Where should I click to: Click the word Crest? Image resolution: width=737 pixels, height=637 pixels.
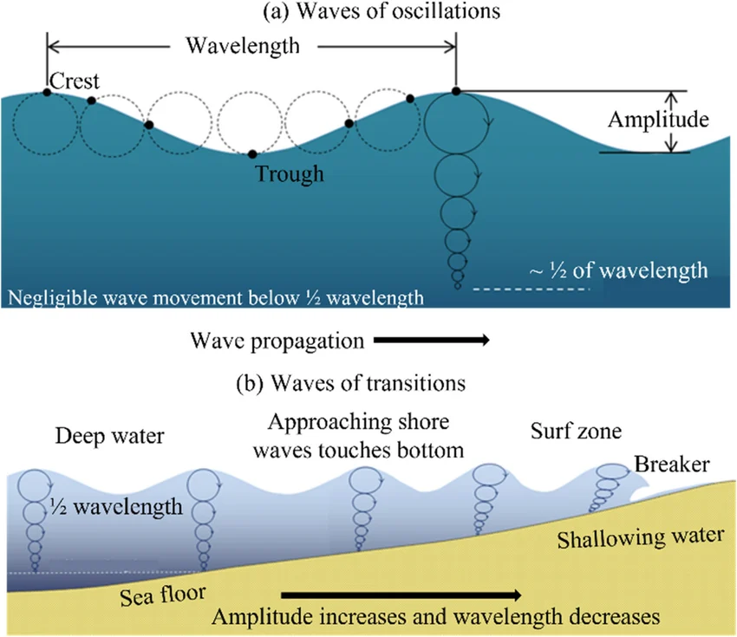[75, 81]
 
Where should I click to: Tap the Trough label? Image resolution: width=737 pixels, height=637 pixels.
[290, 173]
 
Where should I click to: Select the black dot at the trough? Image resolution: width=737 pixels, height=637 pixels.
[251, 154]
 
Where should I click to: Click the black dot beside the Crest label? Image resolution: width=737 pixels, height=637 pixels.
[47, 93]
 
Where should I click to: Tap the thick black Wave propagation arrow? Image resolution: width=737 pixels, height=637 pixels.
[432, 341]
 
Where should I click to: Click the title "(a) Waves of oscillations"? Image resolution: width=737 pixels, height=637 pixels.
[368, 12]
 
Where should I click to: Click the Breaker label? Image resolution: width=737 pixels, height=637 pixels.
[673, 465]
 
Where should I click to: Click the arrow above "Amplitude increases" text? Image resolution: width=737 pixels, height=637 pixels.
[401, 595]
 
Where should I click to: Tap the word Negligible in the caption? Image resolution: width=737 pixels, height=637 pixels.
[49, 300]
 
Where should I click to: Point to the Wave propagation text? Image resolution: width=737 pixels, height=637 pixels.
[277, 341]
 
